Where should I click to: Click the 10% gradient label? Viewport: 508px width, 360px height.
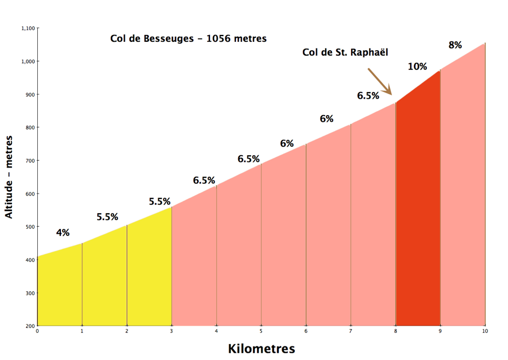click(417, 67)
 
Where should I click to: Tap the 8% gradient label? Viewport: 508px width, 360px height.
click(455, 45)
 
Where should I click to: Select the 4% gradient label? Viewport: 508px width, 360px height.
click(63, 232)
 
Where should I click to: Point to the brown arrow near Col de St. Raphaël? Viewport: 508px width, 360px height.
click(380, 81)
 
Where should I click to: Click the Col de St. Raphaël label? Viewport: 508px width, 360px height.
click(345, 52)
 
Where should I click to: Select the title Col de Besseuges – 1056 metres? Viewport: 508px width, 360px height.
click(188, 38)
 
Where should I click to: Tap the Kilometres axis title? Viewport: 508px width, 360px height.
click(261, 349)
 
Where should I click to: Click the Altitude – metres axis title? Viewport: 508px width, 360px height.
click(8, 177)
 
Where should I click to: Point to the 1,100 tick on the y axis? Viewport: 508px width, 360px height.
click(28, 28)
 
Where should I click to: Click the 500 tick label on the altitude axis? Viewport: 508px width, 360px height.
click(30, 227)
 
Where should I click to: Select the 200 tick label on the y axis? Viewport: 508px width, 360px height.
click(30, 326)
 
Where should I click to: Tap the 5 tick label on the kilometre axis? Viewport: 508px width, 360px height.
click(261, 331)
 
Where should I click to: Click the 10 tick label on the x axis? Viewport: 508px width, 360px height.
click(485, 331)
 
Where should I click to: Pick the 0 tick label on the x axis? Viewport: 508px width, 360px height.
click(37, 331)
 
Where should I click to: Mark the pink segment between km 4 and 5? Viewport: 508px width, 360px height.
click(239, 253)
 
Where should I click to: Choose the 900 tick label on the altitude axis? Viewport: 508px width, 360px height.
click(30, 95)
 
